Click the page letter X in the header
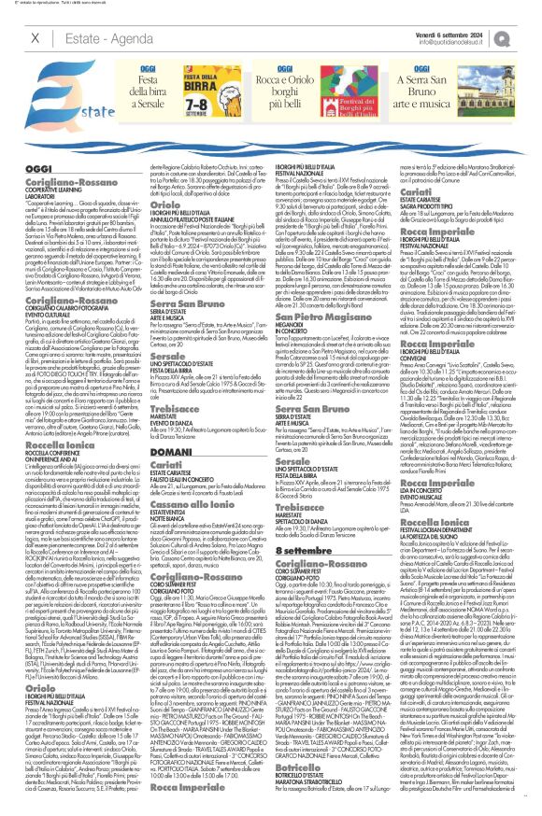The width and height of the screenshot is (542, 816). (x=36, y=37)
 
